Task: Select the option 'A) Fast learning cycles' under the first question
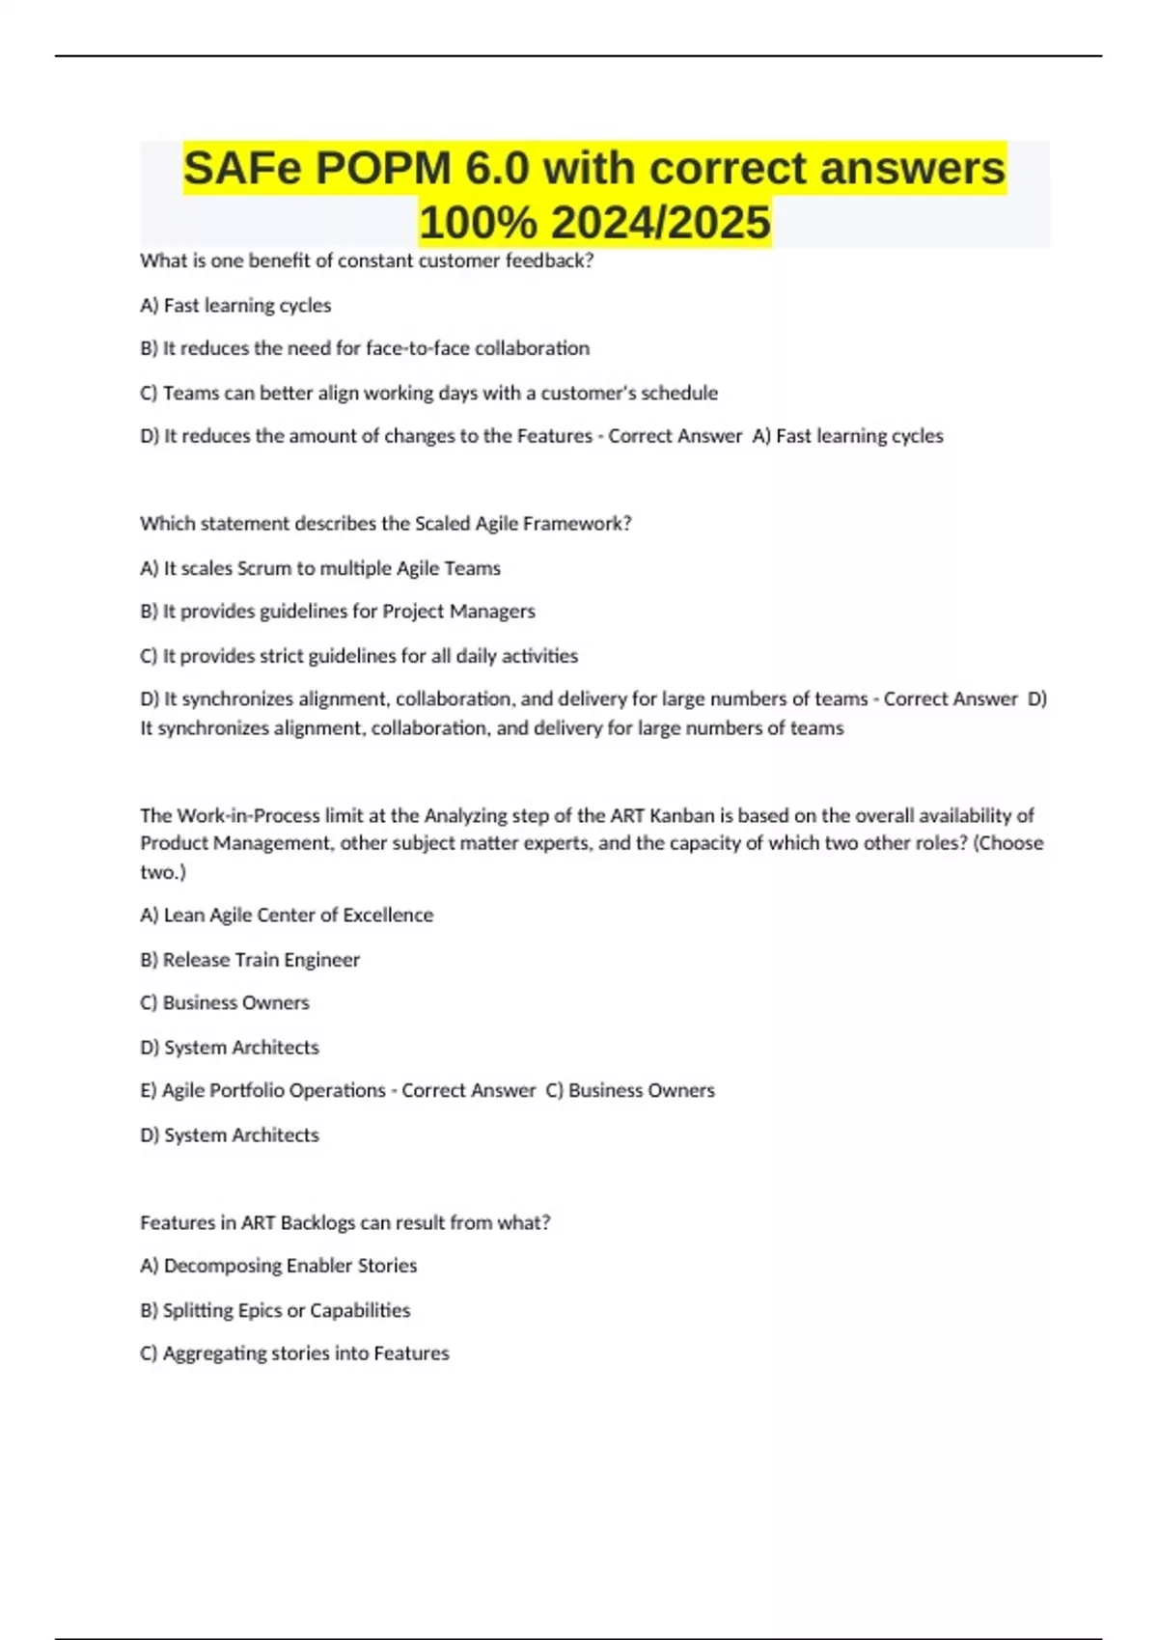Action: [x=235, y=306]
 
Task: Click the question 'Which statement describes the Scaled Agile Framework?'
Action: [x=385, y=524]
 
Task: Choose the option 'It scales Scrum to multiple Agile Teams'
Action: [x=320, y=568]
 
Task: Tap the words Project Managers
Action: [x=458, y=612]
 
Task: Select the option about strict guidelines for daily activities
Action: [x=359, y=656]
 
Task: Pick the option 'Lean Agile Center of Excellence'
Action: [x=287, y=916]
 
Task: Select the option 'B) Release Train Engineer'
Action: [x=250, y=960]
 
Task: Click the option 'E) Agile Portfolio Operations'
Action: [x=263, y=1090]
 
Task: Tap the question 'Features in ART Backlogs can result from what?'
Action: [x=345, y=1222]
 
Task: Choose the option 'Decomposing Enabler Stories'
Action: [x=279, y=1266]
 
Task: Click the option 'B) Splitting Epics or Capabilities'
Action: [x=275, y=1310]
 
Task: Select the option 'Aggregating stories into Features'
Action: [x=294, y=1353]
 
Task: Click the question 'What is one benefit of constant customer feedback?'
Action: [x=367, y=260]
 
